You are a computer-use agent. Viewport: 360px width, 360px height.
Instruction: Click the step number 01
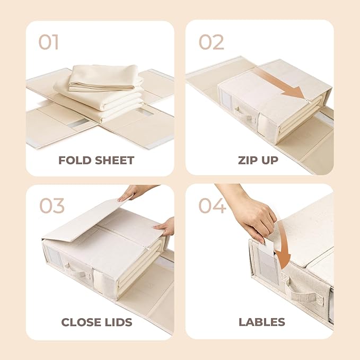[x=48, y=42]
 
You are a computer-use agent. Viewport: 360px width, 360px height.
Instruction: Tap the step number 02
[x=212, y=42]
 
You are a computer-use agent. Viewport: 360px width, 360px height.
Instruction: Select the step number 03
[x=52, y=205]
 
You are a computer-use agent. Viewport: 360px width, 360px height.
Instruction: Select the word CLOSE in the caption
[x=82, y=322]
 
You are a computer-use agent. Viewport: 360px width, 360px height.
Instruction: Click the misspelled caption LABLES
[x=261, y=322]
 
